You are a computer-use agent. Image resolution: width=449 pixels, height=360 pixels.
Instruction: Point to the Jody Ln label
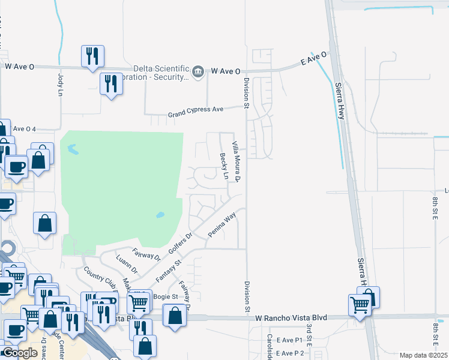(x=60, y=85)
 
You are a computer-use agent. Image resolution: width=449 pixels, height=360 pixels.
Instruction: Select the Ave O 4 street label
(x=25, y=129)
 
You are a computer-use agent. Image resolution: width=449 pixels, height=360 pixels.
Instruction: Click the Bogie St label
(x=166, y=296)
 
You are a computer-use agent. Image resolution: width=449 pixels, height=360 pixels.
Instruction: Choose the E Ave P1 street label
(x=289, y=340)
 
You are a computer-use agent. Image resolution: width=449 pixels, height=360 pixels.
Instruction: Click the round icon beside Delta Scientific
(x=198, y=71)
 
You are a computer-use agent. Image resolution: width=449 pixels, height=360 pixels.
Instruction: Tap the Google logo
(x=20, y=353)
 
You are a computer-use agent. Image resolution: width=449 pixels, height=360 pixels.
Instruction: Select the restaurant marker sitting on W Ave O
(x=92, y=56)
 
